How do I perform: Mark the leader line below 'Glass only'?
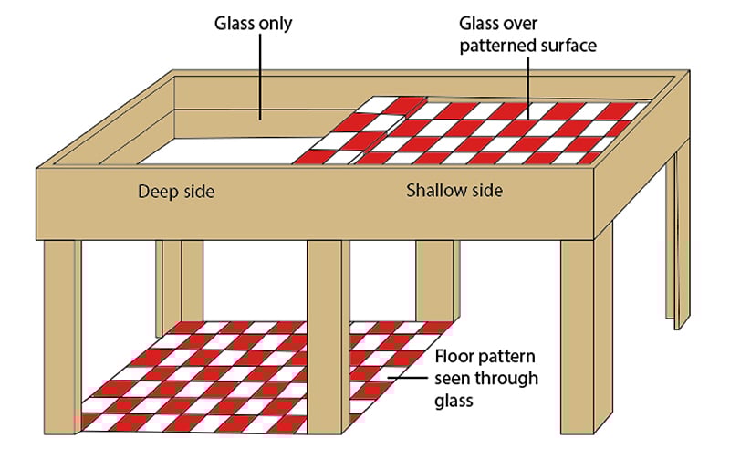click(x=261, y=78)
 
